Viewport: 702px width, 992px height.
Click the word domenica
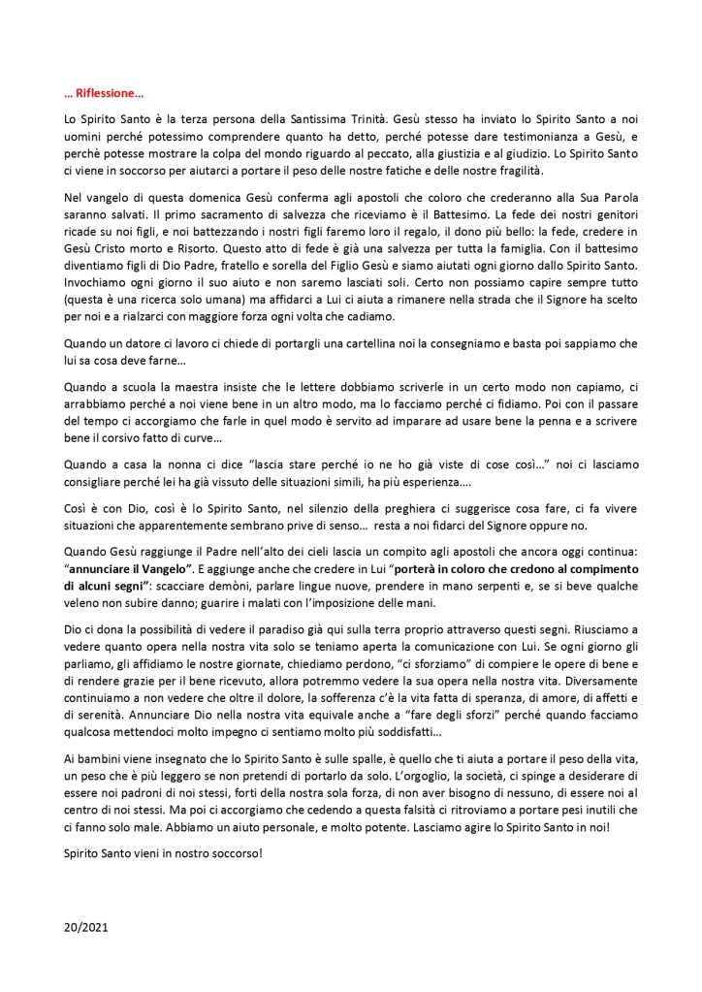[201, 199]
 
